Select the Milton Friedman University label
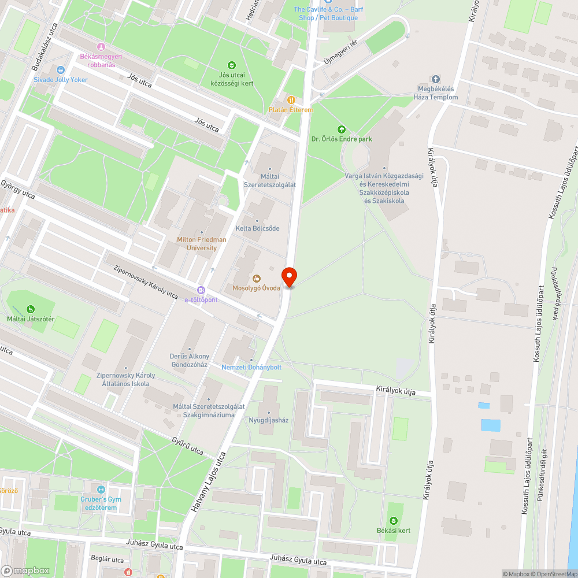[202, 243]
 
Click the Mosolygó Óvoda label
[256, 288]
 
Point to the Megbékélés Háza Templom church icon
[436, 79]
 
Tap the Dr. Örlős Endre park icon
[341, 129]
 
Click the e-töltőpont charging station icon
[201, 290]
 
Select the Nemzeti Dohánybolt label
[251, 367]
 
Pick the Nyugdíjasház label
[268, 420]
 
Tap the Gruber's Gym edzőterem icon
[101, 490]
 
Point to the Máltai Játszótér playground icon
[30, 309]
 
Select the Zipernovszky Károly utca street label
[146, 282]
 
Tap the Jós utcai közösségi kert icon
[232, 65]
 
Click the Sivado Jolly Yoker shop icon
[61, 70]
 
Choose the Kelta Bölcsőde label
[257, 228]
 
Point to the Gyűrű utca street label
[188, 446]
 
